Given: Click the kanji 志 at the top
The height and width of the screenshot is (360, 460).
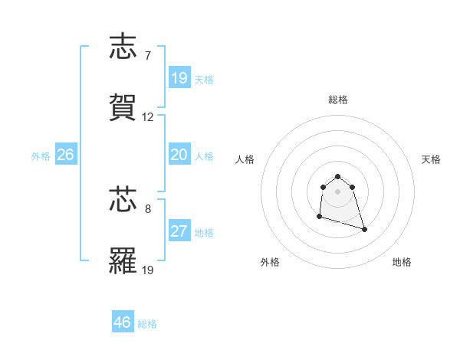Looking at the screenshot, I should [124, 47].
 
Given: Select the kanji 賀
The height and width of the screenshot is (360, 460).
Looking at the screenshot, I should [124, 107].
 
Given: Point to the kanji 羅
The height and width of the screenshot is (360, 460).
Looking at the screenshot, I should [124, 260].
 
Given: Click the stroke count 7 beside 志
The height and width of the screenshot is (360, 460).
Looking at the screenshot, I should [147, 56].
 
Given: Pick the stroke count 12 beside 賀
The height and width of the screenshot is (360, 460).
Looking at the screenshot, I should [148, 117].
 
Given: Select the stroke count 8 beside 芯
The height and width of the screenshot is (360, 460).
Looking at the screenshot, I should [147, 208].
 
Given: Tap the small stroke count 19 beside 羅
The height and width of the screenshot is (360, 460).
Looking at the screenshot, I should [148, 270].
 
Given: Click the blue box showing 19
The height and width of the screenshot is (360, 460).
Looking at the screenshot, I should [179, 78].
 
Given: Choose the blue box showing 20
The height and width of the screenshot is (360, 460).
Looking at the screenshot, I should [179, 155].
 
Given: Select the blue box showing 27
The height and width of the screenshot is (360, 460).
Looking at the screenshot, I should [179, 231].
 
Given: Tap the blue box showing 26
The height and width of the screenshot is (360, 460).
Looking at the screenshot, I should [66, 155].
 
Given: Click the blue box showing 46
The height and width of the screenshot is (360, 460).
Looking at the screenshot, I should [123, 322].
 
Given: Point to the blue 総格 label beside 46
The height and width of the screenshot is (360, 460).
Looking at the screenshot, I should [147, 324].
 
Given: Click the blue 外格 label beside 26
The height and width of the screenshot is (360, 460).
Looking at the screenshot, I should [41, 156].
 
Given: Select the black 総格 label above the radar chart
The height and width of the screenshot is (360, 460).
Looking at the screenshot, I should [338, 100].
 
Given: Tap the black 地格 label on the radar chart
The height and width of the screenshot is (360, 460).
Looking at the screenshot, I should [402, 262].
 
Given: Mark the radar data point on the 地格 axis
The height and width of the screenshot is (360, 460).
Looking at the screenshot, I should [364, 229].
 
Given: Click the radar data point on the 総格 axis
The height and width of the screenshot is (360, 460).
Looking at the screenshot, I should [337, 177].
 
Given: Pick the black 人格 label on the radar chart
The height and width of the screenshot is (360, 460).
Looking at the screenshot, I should [245, 159].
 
